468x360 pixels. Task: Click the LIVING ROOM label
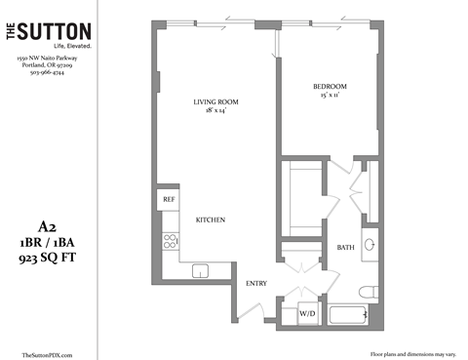click(216, 100)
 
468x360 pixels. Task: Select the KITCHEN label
click(212, 220)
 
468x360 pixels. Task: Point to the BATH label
click(346, 248)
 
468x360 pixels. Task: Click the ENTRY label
click(256, 283)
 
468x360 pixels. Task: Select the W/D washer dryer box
click(307, 314)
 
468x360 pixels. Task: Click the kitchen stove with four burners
click(170, 240)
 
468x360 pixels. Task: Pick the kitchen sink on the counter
click(202, 270)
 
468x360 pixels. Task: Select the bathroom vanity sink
click(370, 244)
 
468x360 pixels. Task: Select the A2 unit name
click(48, 222)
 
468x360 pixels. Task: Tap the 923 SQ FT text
click(48, 259)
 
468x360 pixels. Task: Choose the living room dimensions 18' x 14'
click(216, 110)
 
